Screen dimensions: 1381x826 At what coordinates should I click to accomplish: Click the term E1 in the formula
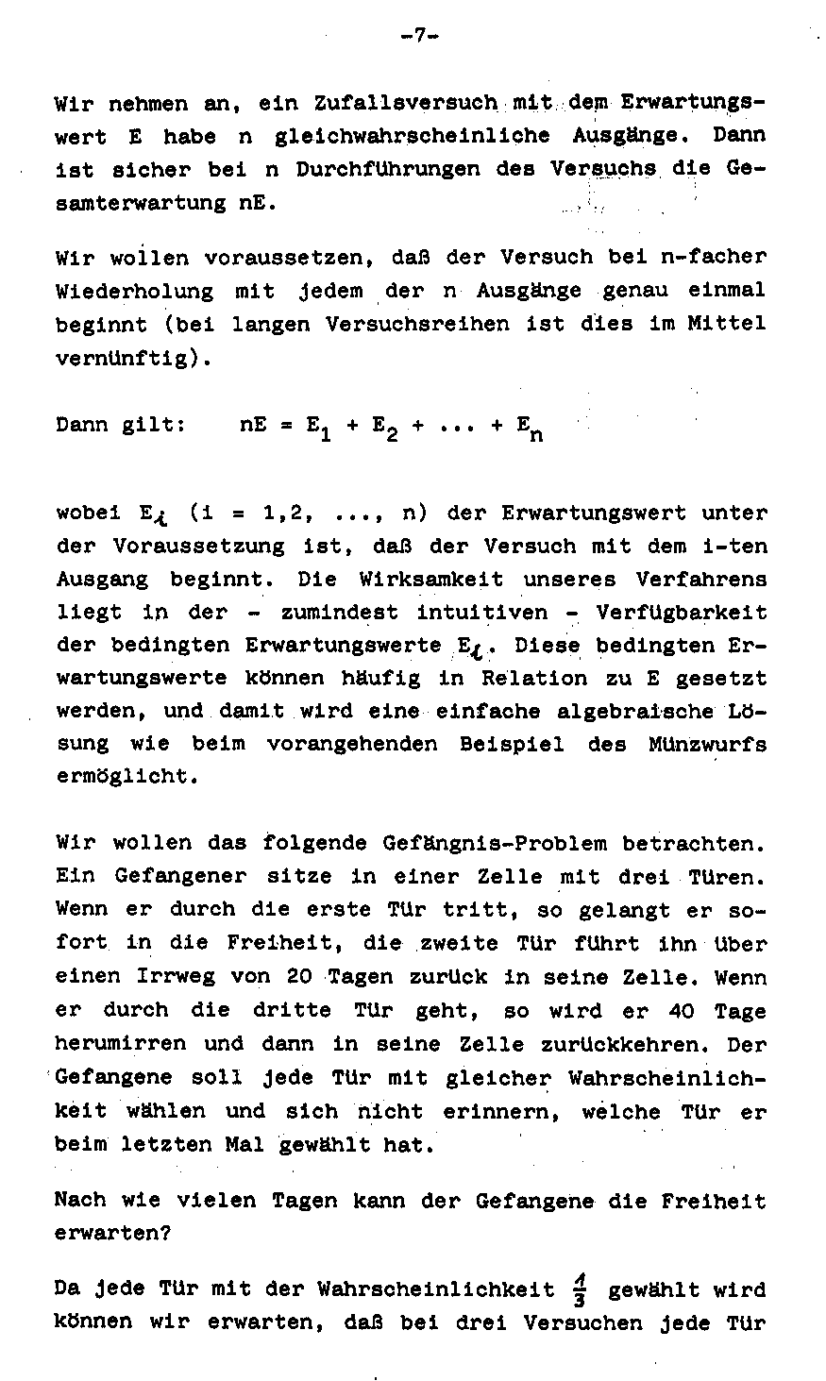coord(315,427)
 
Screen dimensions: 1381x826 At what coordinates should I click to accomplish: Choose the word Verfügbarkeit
coord(682,612)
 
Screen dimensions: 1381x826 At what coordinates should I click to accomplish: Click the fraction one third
coord(581,1289)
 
